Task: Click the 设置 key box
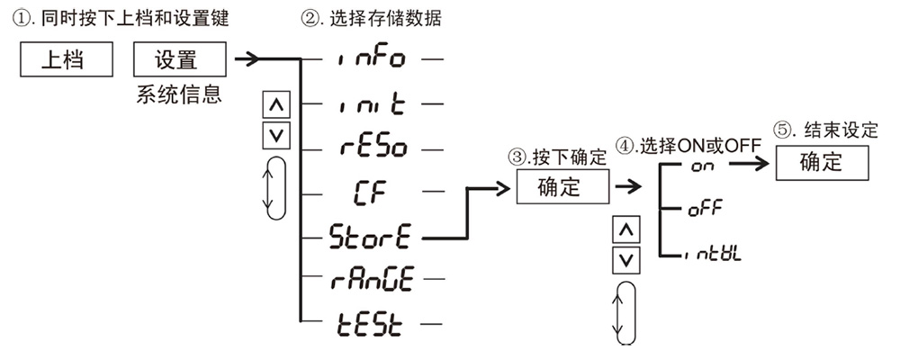coord(177,60)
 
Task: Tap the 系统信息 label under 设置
coord(177,94)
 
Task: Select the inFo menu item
coord(372,59)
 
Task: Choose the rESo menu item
coord(372,148)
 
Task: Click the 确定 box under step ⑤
coord(821,163)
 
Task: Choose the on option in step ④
coord(701,167)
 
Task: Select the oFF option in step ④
coord(705,211)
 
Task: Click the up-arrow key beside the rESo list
coord(275,105)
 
